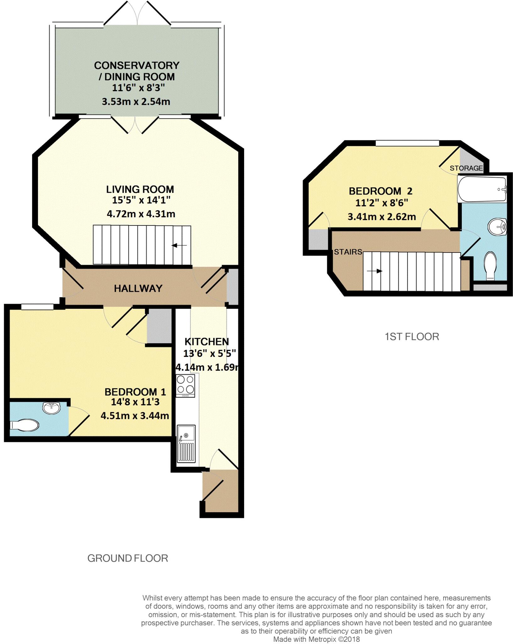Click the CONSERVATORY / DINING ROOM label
[137, 71]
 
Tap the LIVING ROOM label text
[140, 189]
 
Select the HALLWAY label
[138, 288]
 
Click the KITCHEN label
[206, 341]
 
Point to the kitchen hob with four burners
[185, 386]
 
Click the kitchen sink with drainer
[186, 444]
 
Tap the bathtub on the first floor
[482, 189]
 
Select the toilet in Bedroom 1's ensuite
[25, 425]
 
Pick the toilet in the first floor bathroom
[490, 266]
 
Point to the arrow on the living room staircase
[179, 245]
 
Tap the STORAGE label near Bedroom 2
[466, 168]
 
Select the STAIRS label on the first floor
[348, 252]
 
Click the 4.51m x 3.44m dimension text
[135, 416]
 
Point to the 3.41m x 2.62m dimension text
[382, 217]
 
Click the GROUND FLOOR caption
[128, 558]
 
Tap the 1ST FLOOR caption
[412, 337]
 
